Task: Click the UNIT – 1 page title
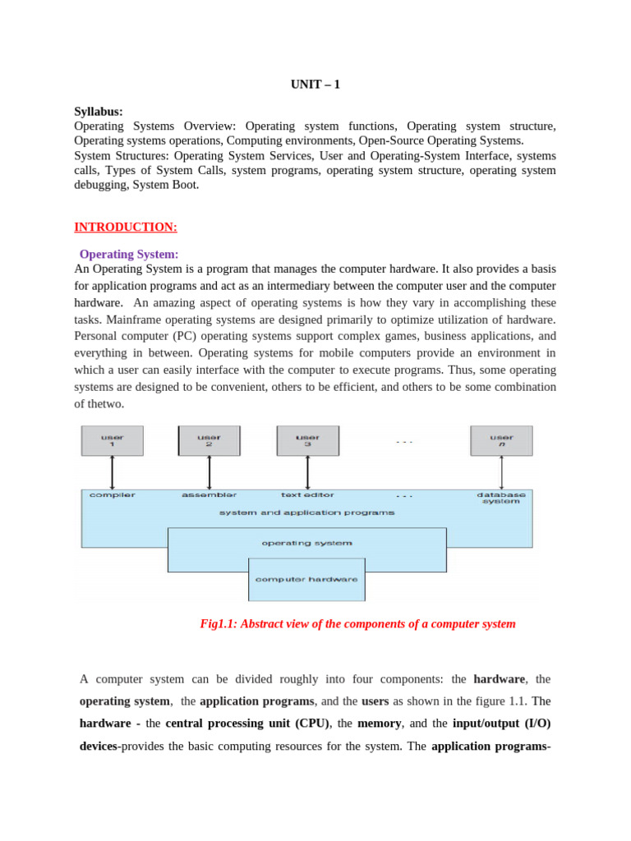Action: pyautogui.click(x=315, y=84)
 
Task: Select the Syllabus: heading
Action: pyautogui.click(x=99, y=111)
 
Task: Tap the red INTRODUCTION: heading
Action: pyautogui.click(x=126, y=227)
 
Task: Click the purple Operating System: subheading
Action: pyautogui.click(x=129, y=255)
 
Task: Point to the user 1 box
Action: pyautogui.click(x=113, y=440)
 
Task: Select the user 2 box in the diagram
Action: pyautogui.click(x=210, y=440)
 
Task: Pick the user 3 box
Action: pyautogui.click(x=307, y=440)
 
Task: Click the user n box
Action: pyautogui.click(x=501, y=440)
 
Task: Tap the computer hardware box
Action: pyautogui.click(x=307, y=579)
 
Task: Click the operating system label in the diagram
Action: pyautogui.click(x=307, y=543)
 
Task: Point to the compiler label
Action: pyautogui.click(x=113, y=495)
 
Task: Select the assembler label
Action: pyautogui.click(x=210, y=495)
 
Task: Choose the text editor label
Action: pyautogui.click(x=307, y=495)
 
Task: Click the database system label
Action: pyautogui.click(x=501, y=499)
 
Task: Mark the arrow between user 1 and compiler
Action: pyautogui.click(x=113, y=472)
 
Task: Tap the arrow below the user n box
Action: pyautogui.click(x=501, y=472)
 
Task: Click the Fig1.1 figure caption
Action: pyautogui.click(x=358, y=623)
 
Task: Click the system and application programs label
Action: pyautogui.click(x=307, y=512)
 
